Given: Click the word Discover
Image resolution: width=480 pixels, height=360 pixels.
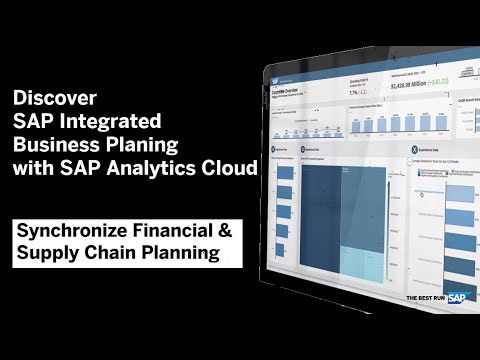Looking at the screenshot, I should coord(55,99).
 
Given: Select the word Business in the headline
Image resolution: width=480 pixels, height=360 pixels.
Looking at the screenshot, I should coord(54,145).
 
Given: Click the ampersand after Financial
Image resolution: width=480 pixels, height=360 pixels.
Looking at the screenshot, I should coord(224,231).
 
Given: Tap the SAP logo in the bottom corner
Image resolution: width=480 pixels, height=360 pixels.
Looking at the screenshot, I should coord(456,297).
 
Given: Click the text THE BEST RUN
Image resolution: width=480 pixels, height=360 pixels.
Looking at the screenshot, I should coord(424,298).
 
